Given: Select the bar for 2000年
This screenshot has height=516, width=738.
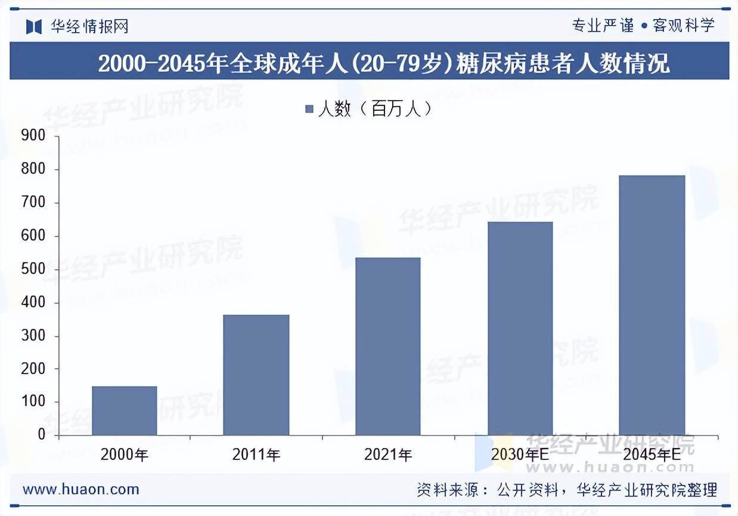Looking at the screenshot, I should pos(125,411).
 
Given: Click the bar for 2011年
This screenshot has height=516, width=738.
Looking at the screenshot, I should pos(256,375).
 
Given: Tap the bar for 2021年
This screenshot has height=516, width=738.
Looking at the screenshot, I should pos(388,346).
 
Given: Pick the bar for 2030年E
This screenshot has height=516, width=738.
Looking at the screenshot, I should pos(520,328).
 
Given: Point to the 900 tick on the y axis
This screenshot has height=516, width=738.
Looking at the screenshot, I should pos(33,136).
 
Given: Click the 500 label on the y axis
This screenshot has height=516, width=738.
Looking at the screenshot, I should pos(33,269).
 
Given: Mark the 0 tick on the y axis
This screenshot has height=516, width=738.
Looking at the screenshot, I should pos(41,435).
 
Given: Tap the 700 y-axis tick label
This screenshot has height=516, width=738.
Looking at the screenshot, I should pos(33,203).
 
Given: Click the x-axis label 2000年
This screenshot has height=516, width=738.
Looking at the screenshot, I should pos(125,455).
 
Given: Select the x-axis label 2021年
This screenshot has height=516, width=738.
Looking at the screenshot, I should pos(388,455).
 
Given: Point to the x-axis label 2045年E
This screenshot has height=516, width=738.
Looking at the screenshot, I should pos(652,455).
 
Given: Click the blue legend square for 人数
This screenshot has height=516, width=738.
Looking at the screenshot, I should pos(309,109).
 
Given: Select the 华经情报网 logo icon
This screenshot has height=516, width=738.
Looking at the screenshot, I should pos(33,26).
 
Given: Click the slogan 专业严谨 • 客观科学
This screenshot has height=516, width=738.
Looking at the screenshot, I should pos(642,25).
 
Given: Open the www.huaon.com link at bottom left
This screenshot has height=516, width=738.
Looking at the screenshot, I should pos(81,490).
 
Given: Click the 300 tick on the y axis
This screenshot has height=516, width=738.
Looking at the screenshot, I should pos(33,336).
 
